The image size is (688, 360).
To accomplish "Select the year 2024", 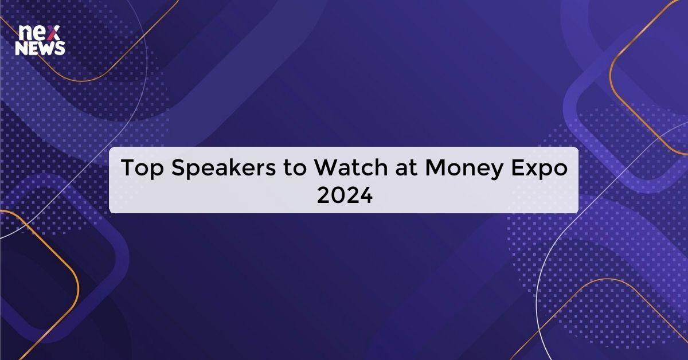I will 344,197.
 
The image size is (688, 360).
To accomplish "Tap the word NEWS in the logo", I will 40,49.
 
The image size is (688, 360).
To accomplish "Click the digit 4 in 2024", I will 365,197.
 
